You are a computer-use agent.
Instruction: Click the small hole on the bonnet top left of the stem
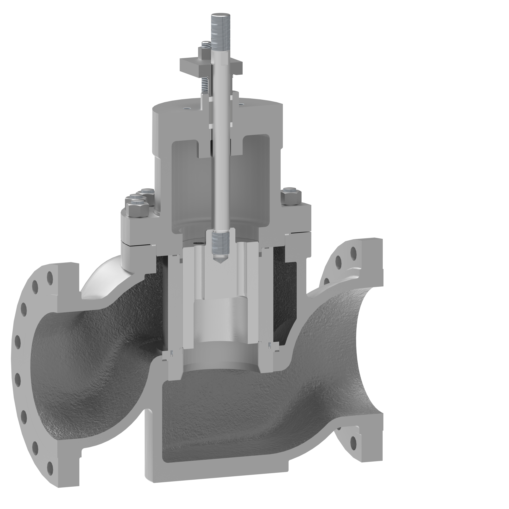(x=187, y=108)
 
